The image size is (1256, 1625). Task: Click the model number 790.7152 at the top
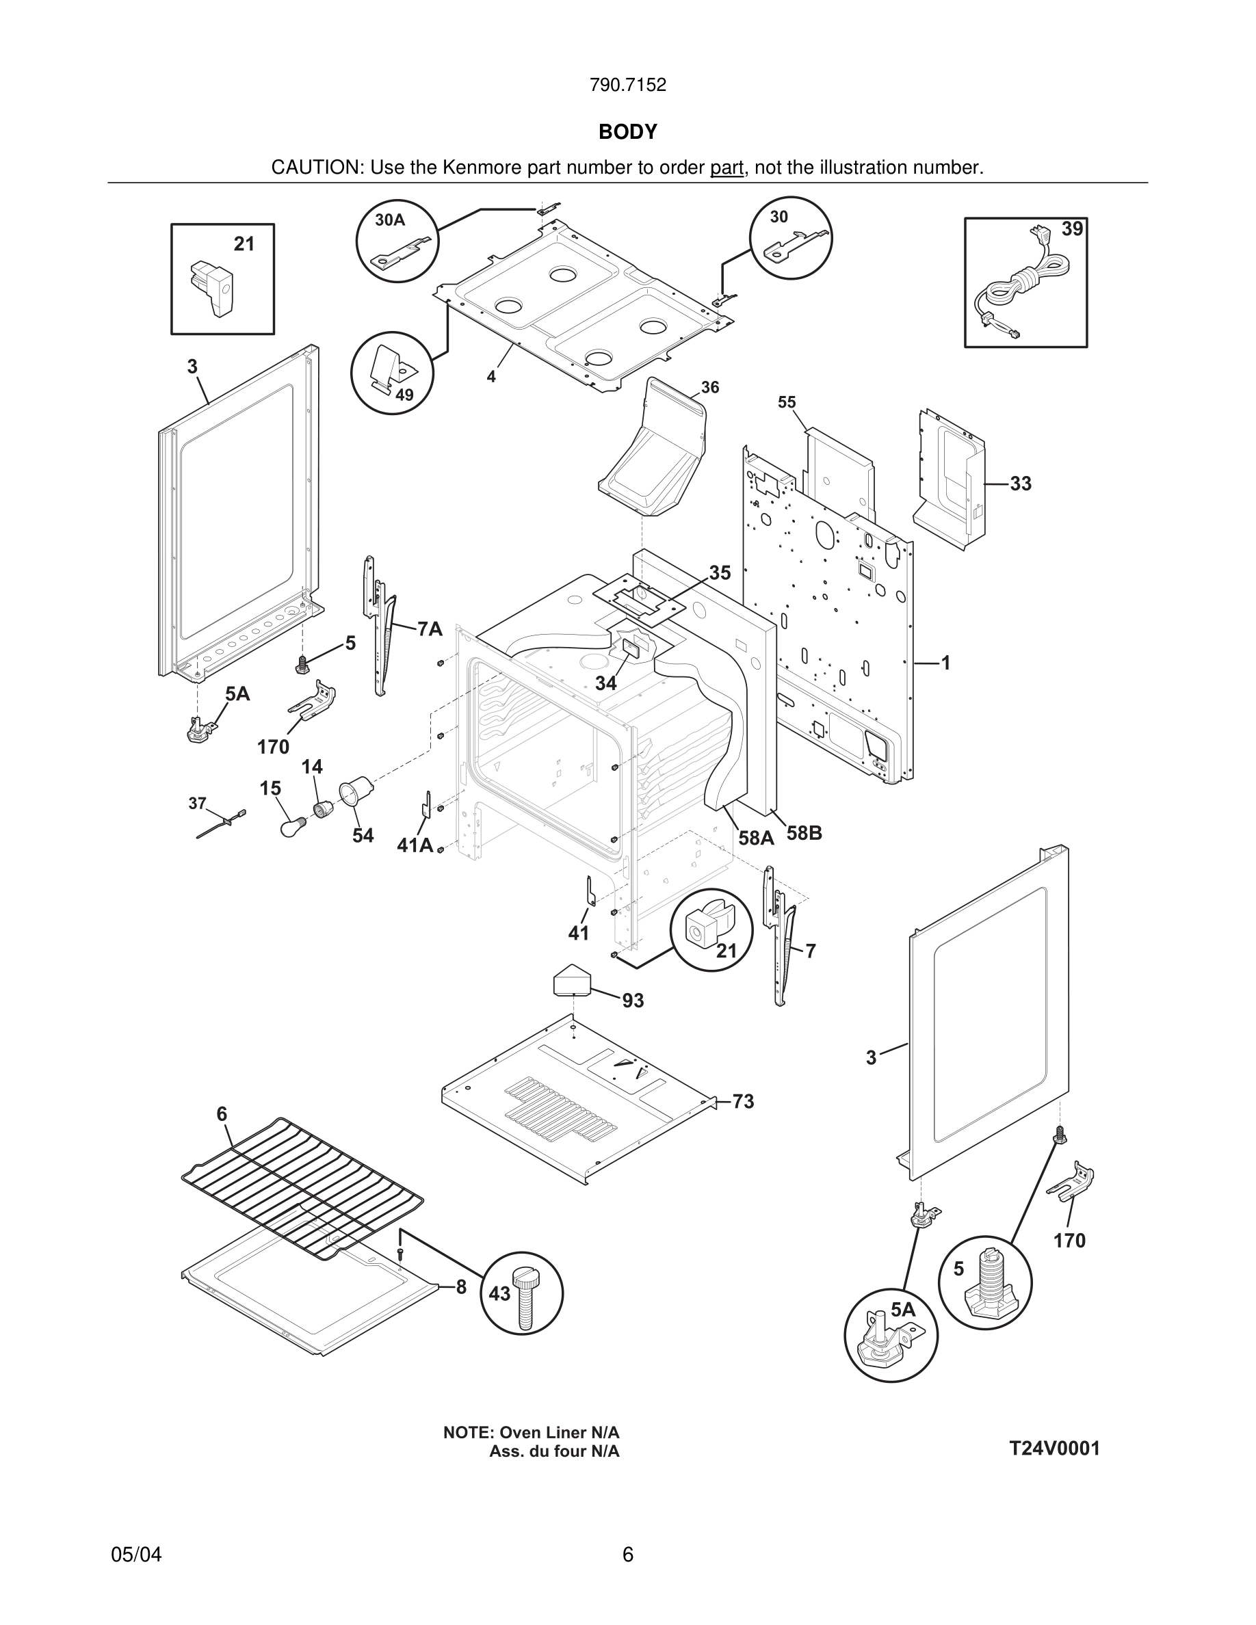[x=627, y=85]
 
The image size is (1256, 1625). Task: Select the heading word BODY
[x=627, y=133]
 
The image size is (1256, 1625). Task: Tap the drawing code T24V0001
[x=1054, y=1449]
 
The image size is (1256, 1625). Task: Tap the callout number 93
[x=633, y=1001]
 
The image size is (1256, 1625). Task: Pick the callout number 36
[x=710, y=387]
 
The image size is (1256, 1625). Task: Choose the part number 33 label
[x=1020, y=484]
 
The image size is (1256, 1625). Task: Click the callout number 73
[x=743, y=1101]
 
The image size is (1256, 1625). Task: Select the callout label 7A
[x=430, y=629]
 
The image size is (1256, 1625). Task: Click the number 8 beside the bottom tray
[x=461, y=1287]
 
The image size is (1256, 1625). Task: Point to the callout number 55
[x=787, y=403]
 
